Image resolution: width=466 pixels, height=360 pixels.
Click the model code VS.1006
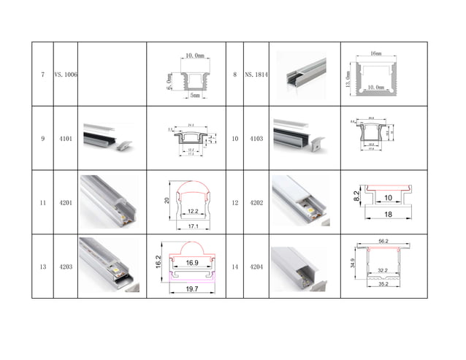[x=65, y=74]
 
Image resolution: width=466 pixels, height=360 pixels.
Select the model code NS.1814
[x=256, y=74]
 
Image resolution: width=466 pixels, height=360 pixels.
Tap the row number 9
[x=42, y=138]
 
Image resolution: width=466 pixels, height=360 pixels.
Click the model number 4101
[x=65, y=138]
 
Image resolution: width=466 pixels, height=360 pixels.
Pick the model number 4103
[x=256, y=138]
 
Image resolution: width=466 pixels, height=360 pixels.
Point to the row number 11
[x=42, y=202]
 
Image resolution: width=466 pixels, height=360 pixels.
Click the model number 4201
[x=65, y=202]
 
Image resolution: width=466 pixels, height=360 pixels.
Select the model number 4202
[x=256, y=202]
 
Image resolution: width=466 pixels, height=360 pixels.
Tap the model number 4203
[x=65, y=267]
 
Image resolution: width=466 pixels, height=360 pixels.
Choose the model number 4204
[x=256, y=267]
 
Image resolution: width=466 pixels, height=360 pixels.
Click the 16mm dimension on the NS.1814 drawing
[x=375, y=54]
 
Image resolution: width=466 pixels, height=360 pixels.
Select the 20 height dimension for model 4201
[x=167, y=199]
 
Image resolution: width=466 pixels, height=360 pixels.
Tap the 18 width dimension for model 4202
[x=388, y=215]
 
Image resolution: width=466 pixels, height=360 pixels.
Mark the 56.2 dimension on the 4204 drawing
[x=382, y=240]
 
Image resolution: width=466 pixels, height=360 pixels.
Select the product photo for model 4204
[x=301, y=267]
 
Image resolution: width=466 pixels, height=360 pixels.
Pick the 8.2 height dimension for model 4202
[x=356, y=195]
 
